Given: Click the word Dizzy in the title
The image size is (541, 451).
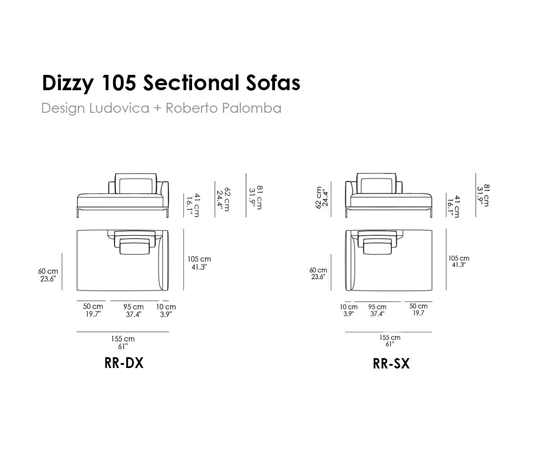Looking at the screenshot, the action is tap(68, 83).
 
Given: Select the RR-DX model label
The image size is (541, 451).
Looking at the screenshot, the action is tap(124, 363).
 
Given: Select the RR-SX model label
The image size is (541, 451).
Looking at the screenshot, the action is tap(391, 364).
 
